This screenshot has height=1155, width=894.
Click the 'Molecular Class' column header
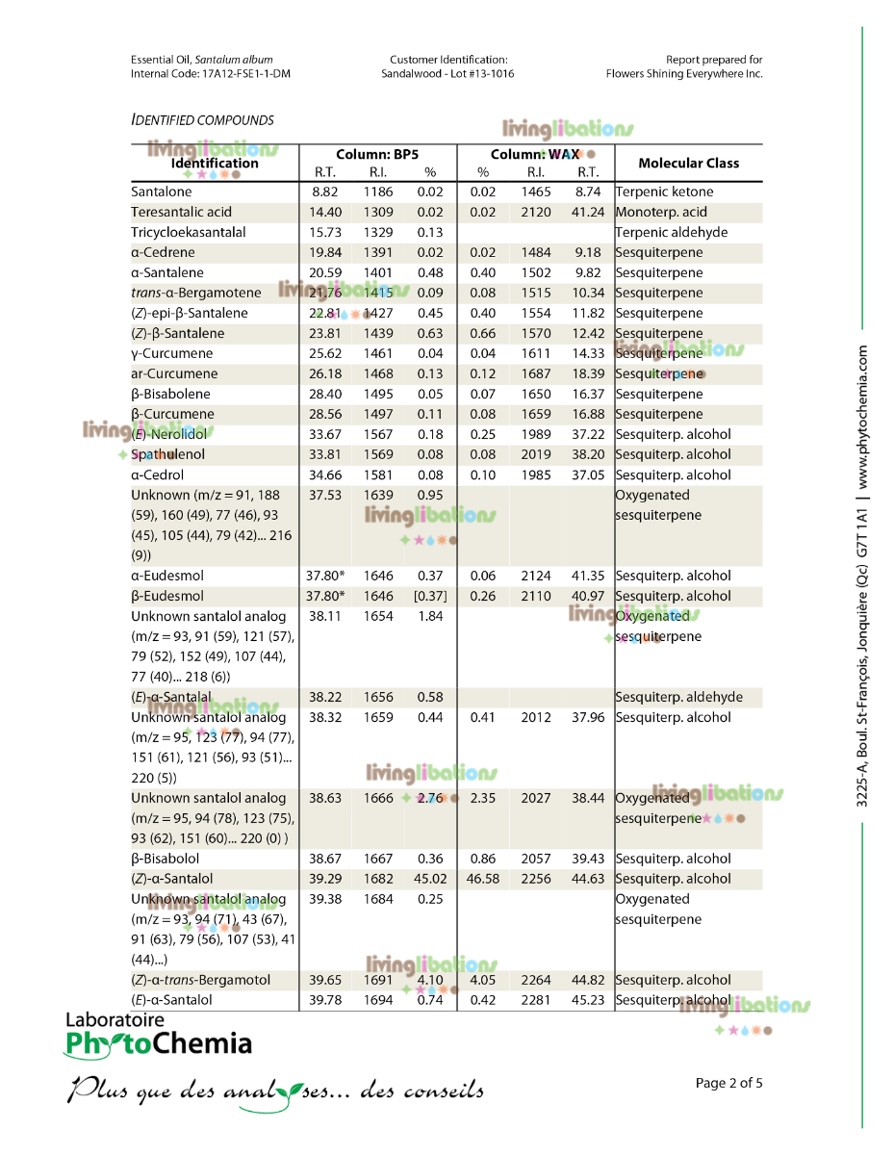point(688,163)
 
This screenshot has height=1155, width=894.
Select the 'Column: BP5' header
point(376,154)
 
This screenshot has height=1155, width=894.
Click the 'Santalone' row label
point(161,192)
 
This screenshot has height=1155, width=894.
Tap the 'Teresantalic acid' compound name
point(181,212)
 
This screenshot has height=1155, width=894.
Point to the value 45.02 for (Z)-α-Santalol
point(429,878)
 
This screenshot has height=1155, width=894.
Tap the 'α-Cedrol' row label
point(157,475)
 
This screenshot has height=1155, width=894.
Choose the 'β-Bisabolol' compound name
point(165,858)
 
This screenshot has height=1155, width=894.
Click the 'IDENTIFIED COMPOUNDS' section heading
point(202,120)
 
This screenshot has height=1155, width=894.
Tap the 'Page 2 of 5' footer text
point(728,1083)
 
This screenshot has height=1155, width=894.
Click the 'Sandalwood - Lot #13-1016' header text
point(447,73)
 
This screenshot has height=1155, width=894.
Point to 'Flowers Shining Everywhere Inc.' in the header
point(684,73)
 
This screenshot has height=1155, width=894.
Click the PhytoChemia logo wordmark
point(158,1042)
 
